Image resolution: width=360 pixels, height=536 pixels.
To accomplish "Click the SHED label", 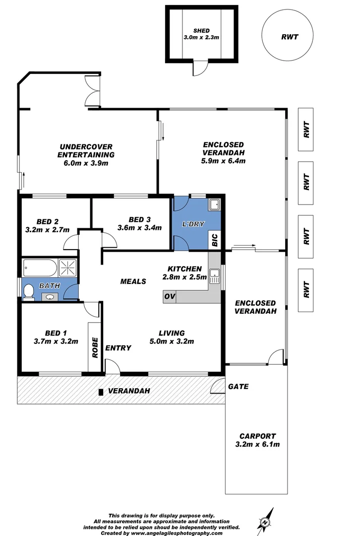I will pos(201,31).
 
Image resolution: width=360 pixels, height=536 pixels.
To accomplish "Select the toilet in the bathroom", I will pos(29,291).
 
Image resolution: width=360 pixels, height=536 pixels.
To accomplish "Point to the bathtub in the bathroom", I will pos(40,269).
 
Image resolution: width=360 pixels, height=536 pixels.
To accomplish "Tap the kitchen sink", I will pos(215,276).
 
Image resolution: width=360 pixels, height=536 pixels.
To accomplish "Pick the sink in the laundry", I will pos(214,204).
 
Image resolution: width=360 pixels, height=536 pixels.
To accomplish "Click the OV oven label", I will pos(169,297).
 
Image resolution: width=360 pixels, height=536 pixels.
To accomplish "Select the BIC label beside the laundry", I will pos(215,241).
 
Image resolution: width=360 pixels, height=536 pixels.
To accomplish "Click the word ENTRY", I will pos(119,348).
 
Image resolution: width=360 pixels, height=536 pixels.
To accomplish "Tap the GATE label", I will pos(238,386).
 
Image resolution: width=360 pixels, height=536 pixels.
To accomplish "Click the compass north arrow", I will pos(265,520).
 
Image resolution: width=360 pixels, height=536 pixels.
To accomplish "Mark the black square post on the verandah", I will pos(101,392).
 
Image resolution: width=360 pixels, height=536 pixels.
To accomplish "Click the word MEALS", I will pos(133,281).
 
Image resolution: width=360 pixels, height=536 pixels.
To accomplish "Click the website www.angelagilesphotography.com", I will pos(177,533).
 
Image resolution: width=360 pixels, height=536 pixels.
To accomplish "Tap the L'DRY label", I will pos(193,224).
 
